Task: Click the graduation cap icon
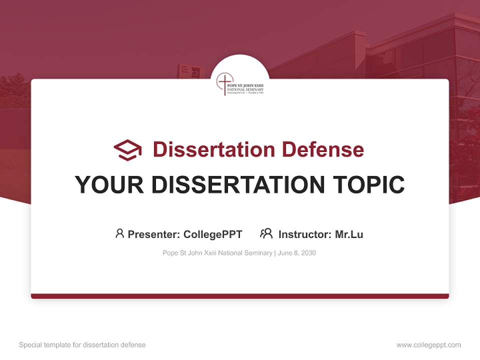[127, 150]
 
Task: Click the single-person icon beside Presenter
[119, 233]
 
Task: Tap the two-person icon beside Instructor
[266, 233]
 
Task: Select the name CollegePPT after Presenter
[213, 234]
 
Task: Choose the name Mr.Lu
[349, 234]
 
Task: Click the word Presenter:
[154, 234]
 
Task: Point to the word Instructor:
[304, 234]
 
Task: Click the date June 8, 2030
[297, 253]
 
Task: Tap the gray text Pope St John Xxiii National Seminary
[217, 253]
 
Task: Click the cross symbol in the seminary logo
[224, 82]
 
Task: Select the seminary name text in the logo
[245, 87]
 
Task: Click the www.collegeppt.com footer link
[428, 345]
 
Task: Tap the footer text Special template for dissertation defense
[82, 345]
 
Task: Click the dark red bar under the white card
[240, 296]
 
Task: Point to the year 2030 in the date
[308, 253]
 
